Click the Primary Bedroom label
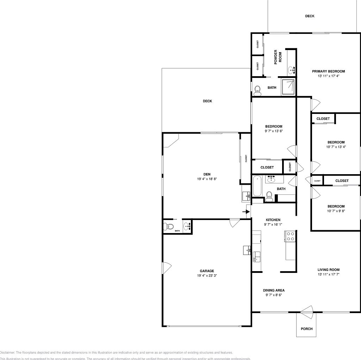(328, 71)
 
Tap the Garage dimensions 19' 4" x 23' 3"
(207, 276)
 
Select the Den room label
(207, 174)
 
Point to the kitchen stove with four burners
(290, 236)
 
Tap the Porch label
(306, 329)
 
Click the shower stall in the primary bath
(288, 86)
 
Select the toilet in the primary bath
(257, 90)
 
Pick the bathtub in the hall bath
(257, 186)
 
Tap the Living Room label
(328, 270)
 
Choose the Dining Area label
(274, 291)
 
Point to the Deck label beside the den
(207, 101)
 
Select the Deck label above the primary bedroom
(310, 16)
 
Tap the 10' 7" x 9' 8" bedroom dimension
(336, 211)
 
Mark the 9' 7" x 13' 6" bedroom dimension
(274, 131)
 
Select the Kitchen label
(273, 220)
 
